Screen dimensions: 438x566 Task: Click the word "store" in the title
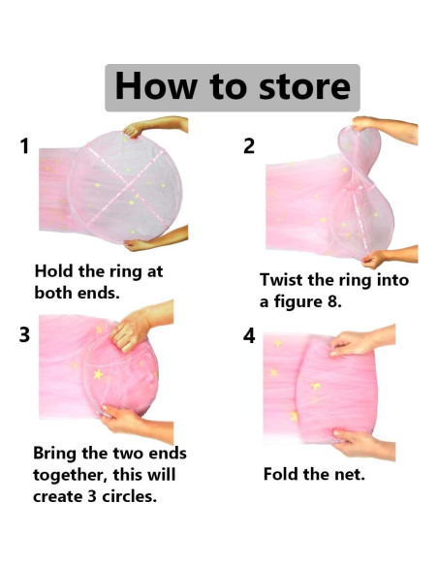click(x=305, y=86)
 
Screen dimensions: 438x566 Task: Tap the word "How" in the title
click(x=156, y=85)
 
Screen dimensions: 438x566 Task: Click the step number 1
click(x=24, y=146)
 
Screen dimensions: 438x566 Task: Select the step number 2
click(x=249, y=146)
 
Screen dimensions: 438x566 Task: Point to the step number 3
click(x=24, y=334)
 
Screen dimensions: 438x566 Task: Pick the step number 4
click(x=249, y=335)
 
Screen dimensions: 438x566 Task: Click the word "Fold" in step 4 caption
click(x=281, y=474)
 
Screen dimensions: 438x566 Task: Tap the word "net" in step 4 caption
click(x=349, y=475)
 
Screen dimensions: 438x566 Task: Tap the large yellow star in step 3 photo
click(x=98, y=374)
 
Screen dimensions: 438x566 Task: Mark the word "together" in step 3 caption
click(x=70, y=475)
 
